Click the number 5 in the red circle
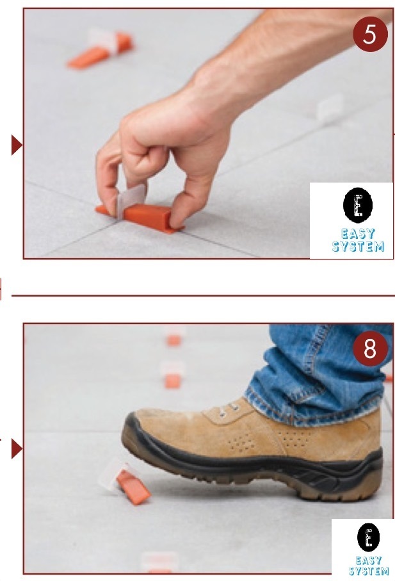[370, 36]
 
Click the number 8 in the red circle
[371, 350]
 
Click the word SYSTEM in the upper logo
[358, 246]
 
